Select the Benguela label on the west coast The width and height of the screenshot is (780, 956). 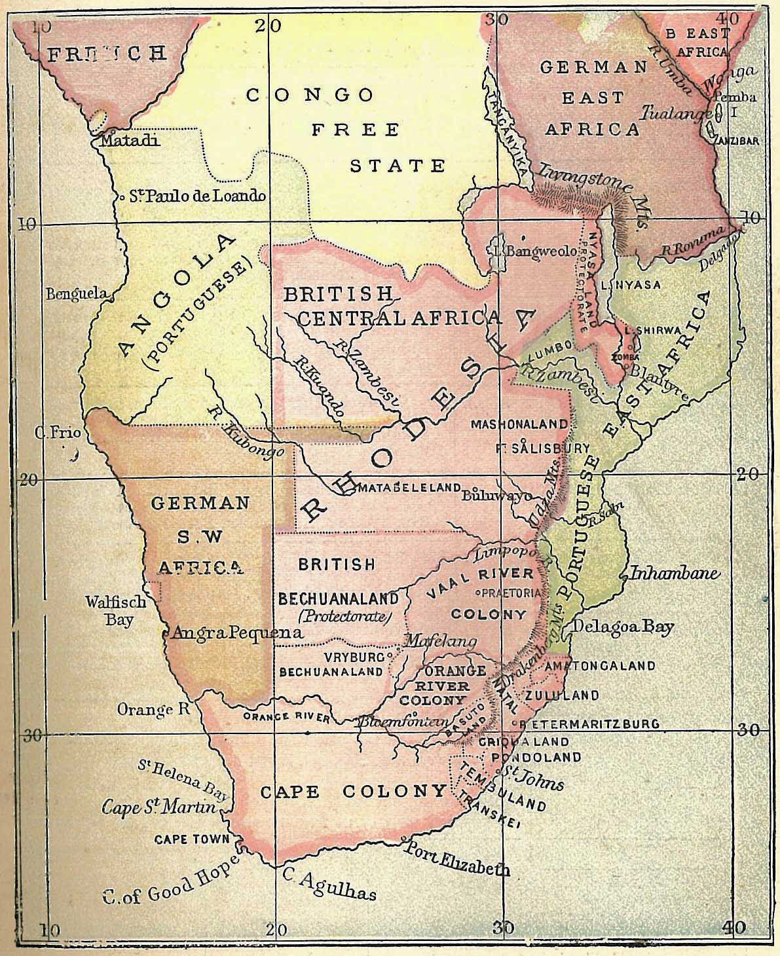point(75,294)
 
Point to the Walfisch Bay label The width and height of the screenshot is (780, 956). point(119,610)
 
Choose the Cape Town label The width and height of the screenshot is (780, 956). point(192,839)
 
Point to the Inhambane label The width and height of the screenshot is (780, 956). point(674,574)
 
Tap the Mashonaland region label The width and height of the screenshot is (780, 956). point(519,424)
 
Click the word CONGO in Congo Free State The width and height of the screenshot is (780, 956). point(310,96)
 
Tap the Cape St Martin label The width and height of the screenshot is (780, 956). point(158,807)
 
